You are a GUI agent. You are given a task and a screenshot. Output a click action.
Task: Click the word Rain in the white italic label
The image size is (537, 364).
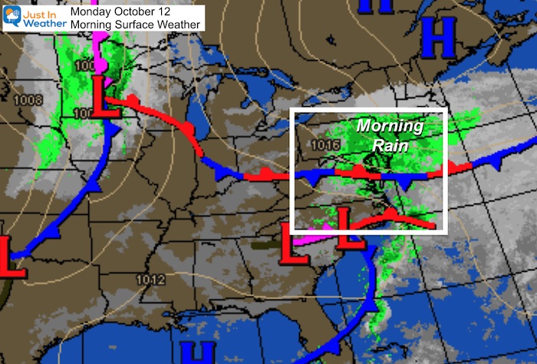392,144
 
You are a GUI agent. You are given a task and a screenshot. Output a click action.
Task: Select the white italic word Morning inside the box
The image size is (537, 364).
393,126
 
